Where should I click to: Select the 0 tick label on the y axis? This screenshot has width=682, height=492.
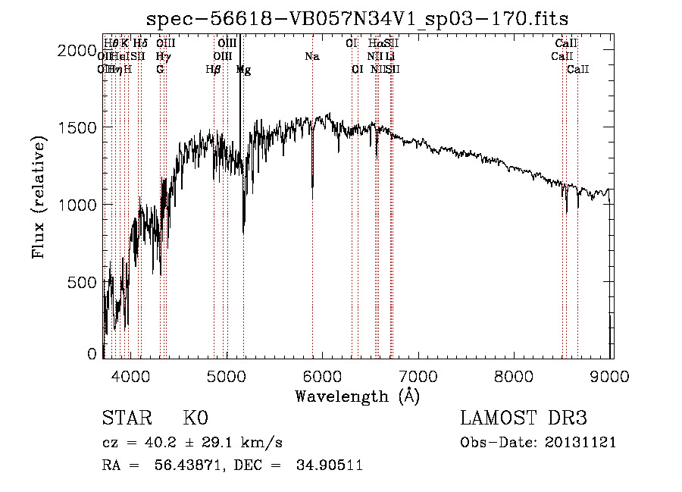pos(92,354)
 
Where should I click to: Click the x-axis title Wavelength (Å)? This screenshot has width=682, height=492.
pos(357,396)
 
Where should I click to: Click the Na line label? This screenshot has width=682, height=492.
pos(312,56)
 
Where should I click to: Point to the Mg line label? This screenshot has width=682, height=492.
pos(243,70)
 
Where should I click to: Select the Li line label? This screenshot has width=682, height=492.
pos(389,56)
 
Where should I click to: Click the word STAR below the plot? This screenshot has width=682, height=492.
pos(127,418)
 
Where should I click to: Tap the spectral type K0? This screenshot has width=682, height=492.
pos(195,418)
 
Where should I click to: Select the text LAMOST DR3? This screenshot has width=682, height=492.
pos(524,418)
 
